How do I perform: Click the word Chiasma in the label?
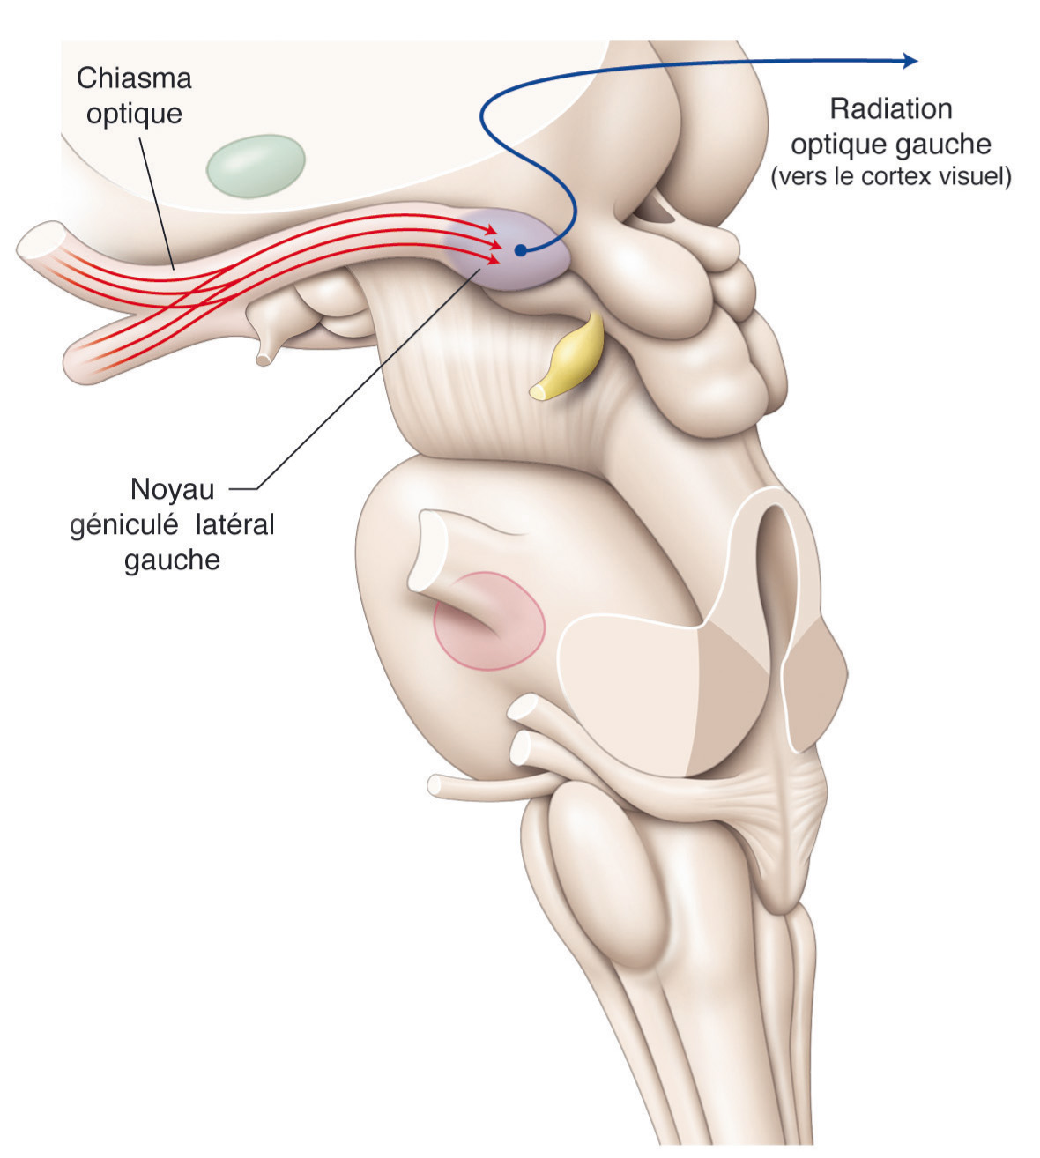[134, 78]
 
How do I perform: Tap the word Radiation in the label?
[891, 109]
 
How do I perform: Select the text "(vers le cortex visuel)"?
[890, 177]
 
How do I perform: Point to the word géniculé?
[123, 524]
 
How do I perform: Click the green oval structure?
[256, 165]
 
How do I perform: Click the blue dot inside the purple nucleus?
[521, 249]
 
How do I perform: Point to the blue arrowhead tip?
[916, 59]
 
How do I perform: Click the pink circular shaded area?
[489, 620]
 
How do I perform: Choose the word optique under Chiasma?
[134, 114]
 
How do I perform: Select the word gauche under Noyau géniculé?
[172, 560]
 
